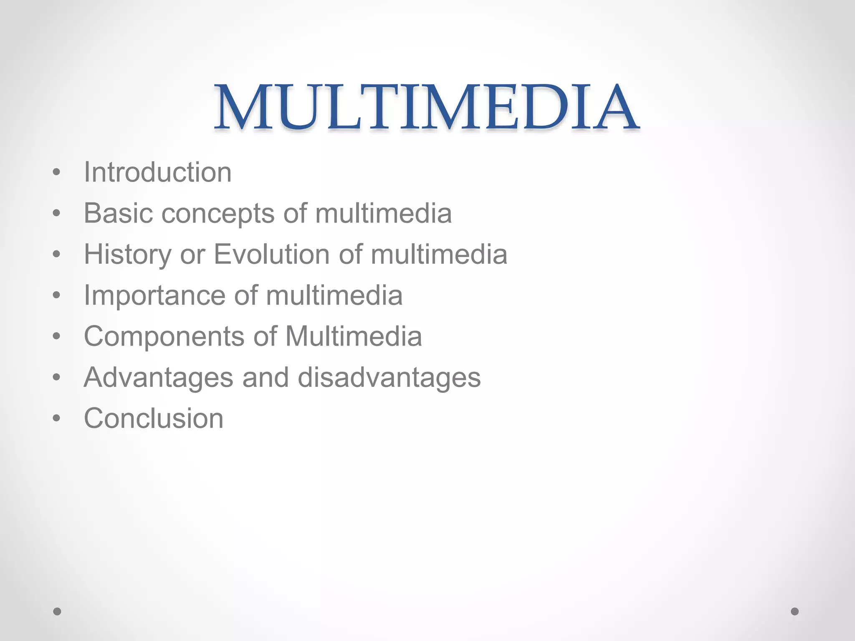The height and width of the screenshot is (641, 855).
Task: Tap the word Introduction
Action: tap(157, 172)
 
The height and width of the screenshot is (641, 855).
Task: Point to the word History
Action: tap(127, 255)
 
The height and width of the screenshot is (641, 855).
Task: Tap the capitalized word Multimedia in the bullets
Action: tap(354, 336)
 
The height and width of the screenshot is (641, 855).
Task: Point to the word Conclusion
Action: tap(154, 418)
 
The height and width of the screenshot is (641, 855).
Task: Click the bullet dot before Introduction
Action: tap(57, 173)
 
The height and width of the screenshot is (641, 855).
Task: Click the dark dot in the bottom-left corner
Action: tap(57, 611)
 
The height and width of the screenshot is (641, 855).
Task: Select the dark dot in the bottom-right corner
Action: tap(795, 611)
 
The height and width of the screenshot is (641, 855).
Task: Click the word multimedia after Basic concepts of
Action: tap(383, 213)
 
